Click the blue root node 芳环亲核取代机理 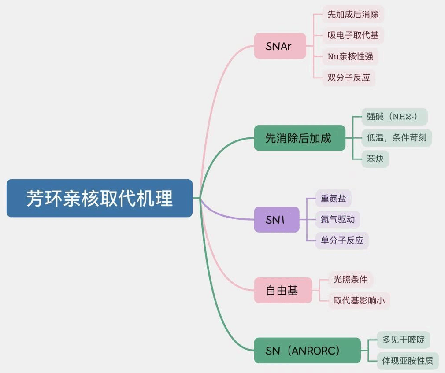coord(100,198)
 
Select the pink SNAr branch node coord(280,46)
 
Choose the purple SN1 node coord(276,219)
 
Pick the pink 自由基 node coord(282,290)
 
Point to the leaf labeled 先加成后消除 coord(353,14)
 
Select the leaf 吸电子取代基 coord(353,35)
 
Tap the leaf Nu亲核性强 coord(350,56)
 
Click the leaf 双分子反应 coord(349,78)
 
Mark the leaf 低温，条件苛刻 coord(396,137)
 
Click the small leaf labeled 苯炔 coord(375,159)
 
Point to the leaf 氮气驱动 coord(337,219)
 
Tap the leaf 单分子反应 coord(342,240)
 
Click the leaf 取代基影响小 coord(359,300)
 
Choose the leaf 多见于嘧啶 coord(403,340)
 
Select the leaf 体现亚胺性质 coord(407,361)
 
